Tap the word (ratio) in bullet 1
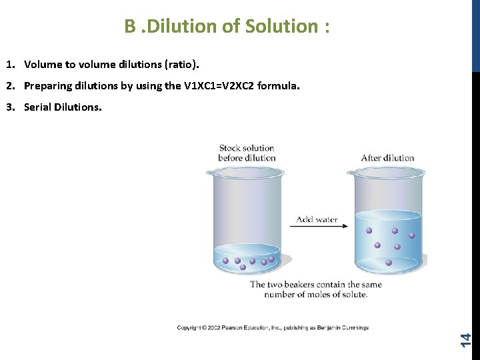pos(180,65)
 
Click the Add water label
pos(317,219)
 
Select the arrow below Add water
pos(318,227)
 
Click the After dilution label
pos(387,158)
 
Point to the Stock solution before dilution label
pos(247,153)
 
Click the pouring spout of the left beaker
pos(208,173)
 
